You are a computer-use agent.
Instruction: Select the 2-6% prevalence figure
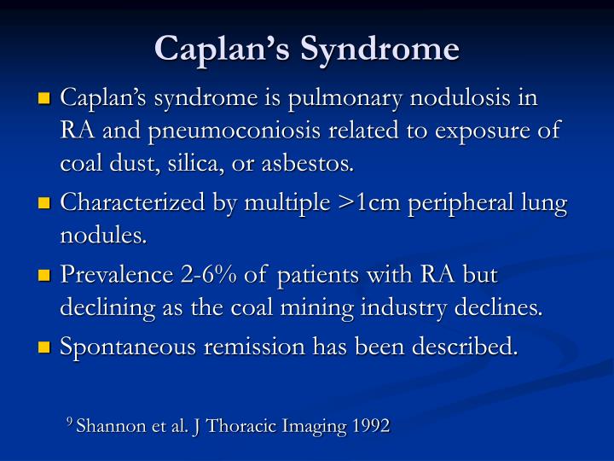204,277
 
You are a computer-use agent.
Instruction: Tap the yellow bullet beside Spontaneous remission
46,347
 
